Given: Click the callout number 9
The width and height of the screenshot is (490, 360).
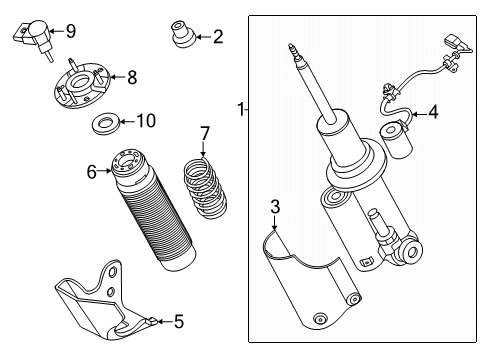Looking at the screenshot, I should tap(70, 31).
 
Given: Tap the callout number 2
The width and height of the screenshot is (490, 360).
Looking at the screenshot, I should tap(217, 38).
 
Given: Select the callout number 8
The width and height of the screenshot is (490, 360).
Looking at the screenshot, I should tap(131, 75).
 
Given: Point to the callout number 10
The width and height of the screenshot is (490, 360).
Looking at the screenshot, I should tap(146, 121).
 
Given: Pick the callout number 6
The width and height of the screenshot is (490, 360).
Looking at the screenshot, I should tap(91, 172).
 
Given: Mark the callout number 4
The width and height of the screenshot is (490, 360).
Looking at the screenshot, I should tap(433, 113).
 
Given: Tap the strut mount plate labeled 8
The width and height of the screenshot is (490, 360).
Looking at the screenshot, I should tap(83, 88).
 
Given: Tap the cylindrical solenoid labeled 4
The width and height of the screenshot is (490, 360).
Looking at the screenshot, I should tap(396, 138).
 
